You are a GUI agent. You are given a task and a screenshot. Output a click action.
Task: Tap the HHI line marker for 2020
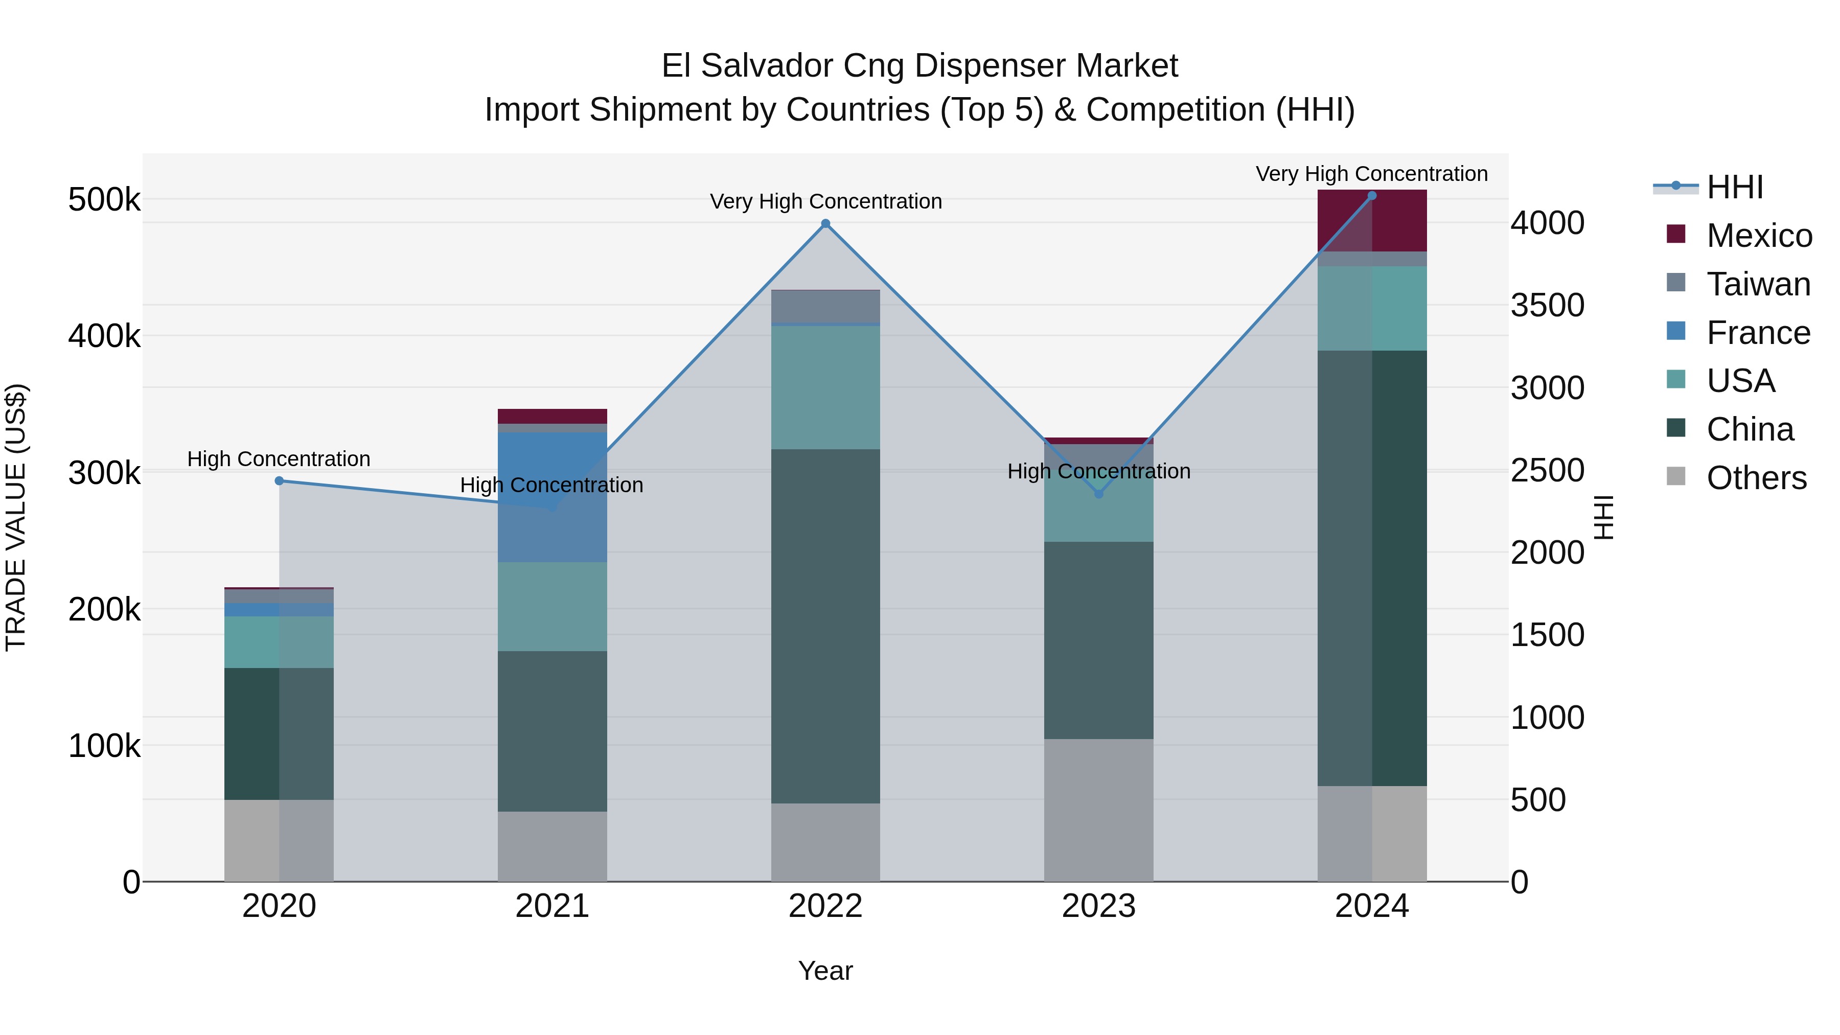click(x=279, y=481)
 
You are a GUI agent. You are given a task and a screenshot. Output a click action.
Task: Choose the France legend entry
click(x=1758, y=333)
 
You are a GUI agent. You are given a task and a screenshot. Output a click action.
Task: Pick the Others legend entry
click(x=1756, y=478)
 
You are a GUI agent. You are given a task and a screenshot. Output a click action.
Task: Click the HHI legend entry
click(x=1734, y=187)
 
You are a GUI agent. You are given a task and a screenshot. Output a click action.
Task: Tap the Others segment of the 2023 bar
click(x=1098, y=810)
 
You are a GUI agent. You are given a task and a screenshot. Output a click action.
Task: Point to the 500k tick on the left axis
click(x=104, y=200)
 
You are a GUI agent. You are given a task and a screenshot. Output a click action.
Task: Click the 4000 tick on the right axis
click(x=1547, y=223)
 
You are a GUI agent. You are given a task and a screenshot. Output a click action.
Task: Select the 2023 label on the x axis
click(x=1098, y=906)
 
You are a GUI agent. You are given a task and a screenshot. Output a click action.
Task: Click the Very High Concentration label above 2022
click(x=826, y=201)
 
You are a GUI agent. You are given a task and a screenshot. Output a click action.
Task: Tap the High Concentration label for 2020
click(x=279, y=458)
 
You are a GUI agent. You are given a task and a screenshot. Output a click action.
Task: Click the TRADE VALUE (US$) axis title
click(x=16, y=517)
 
